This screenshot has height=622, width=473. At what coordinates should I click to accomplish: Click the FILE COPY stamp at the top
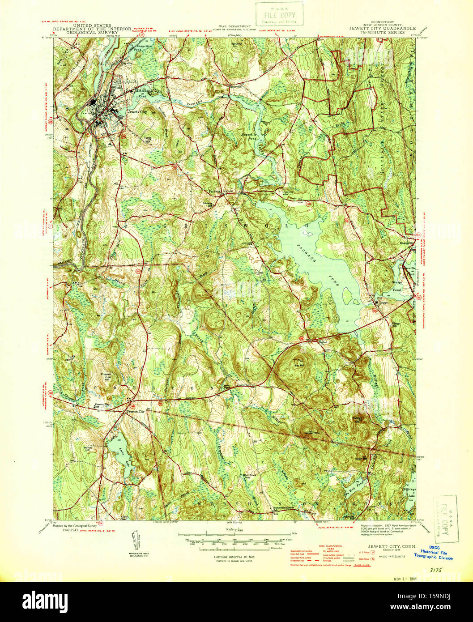pyautogui.click(x=279, y=13)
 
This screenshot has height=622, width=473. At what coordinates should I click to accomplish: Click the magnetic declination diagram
pyautogui.click(x=137, y=544)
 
